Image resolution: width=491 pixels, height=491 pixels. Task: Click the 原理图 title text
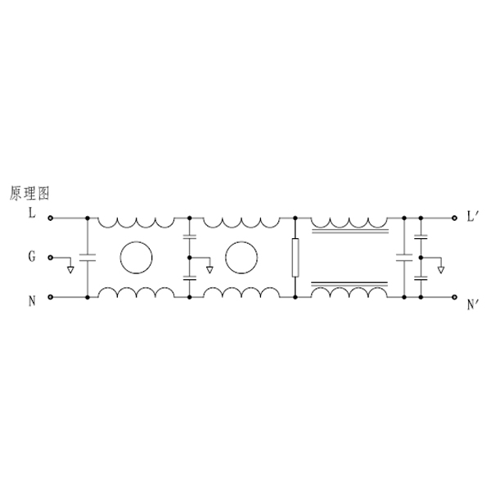29,193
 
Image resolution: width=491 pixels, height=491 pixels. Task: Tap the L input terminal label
32,214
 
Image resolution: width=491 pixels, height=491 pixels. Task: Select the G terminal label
32,257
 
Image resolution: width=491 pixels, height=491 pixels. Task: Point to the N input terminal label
32,301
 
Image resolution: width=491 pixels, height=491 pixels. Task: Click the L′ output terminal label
471,216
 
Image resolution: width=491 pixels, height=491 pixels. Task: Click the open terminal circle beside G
50,258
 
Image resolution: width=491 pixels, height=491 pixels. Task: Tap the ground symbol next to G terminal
70,269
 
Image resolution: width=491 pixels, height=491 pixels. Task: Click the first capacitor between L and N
88,258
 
